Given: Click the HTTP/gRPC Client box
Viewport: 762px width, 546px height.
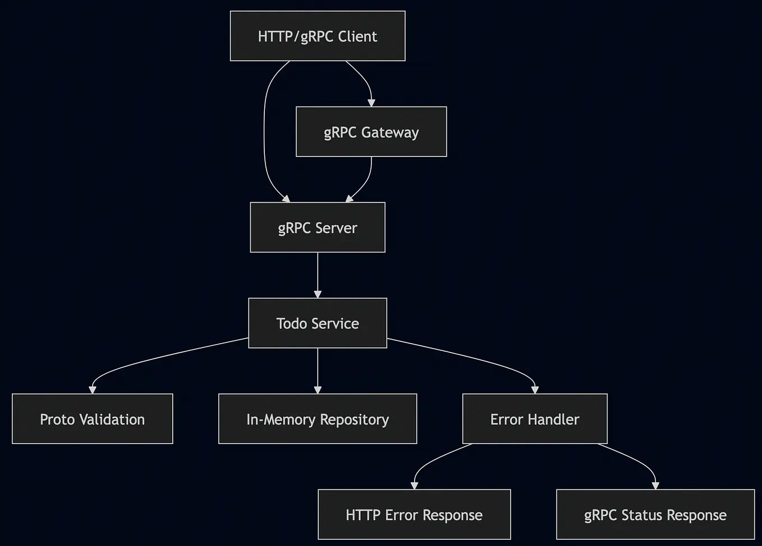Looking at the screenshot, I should (318, 36).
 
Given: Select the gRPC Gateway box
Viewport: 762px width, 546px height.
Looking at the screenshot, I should (371, 132).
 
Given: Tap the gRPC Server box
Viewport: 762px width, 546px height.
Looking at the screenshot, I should (318, 228).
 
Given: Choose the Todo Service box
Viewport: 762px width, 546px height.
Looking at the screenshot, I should (318, 323).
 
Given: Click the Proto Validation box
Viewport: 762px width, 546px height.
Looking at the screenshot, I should (93, 419).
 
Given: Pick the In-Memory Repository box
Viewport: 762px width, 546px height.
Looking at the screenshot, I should (318, 419).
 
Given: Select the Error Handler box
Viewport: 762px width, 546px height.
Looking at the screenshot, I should (535, 419).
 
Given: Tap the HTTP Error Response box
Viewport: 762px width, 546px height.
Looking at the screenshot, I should (414, 515).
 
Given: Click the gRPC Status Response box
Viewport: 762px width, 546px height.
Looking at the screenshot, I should (655, 515).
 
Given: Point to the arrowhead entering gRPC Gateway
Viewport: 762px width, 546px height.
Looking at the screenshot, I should (371, 103).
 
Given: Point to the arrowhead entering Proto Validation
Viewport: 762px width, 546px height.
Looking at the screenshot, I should (93, 390).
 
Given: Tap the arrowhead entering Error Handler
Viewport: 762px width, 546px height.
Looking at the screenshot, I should (535, 390).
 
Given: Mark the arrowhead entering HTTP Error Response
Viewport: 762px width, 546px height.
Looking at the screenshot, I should (415, 485).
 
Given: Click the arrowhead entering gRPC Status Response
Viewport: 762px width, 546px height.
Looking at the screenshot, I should (655, 485).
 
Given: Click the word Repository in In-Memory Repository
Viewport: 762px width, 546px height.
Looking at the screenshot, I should (354, 419).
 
